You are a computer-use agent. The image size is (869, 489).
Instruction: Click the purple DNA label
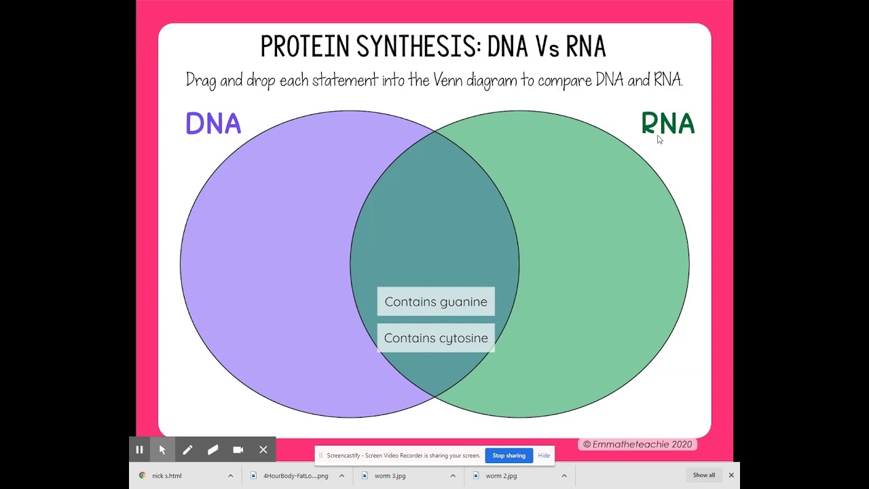coord(213,124)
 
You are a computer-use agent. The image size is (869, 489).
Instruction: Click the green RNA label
coord(667,124)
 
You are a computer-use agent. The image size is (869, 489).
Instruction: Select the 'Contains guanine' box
coord(436,302)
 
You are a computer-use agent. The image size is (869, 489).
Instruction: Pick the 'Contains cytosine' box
coord(436,338)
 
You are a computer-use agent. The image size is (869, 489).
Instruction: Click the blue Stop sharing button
coord(509,456)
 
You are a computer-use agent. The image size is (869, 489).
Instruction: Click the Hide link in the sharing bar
coord(544,456)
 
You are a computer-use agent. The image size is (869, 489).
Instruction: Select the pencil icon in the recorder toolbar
coord(187,450)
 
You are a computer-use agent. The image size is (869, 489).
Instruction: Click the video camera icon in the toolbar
coord(238,450)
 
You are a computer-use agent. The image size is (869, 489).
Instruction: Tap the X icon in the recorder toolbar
coord(263,450)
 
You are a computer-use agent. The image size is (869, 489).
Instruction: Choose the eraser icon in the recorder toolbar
coord(212,450)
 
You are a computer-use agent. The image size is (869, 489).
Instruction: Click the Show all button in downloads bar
coord(703,475)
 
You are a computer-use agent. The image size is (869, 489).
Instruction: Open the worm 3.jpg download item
coord(390,476)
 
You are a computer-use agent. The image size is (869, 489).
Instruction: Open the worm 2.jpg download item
coord(501,476)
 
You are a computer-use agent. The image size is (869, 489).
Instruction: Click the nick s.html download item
coord(166,476)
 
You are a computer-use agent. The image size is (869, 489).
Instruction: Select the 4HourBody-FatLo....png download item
coord(295,476)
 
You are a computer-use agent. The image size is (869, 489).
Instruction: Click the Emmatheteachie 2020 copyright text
coord(637,444)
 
